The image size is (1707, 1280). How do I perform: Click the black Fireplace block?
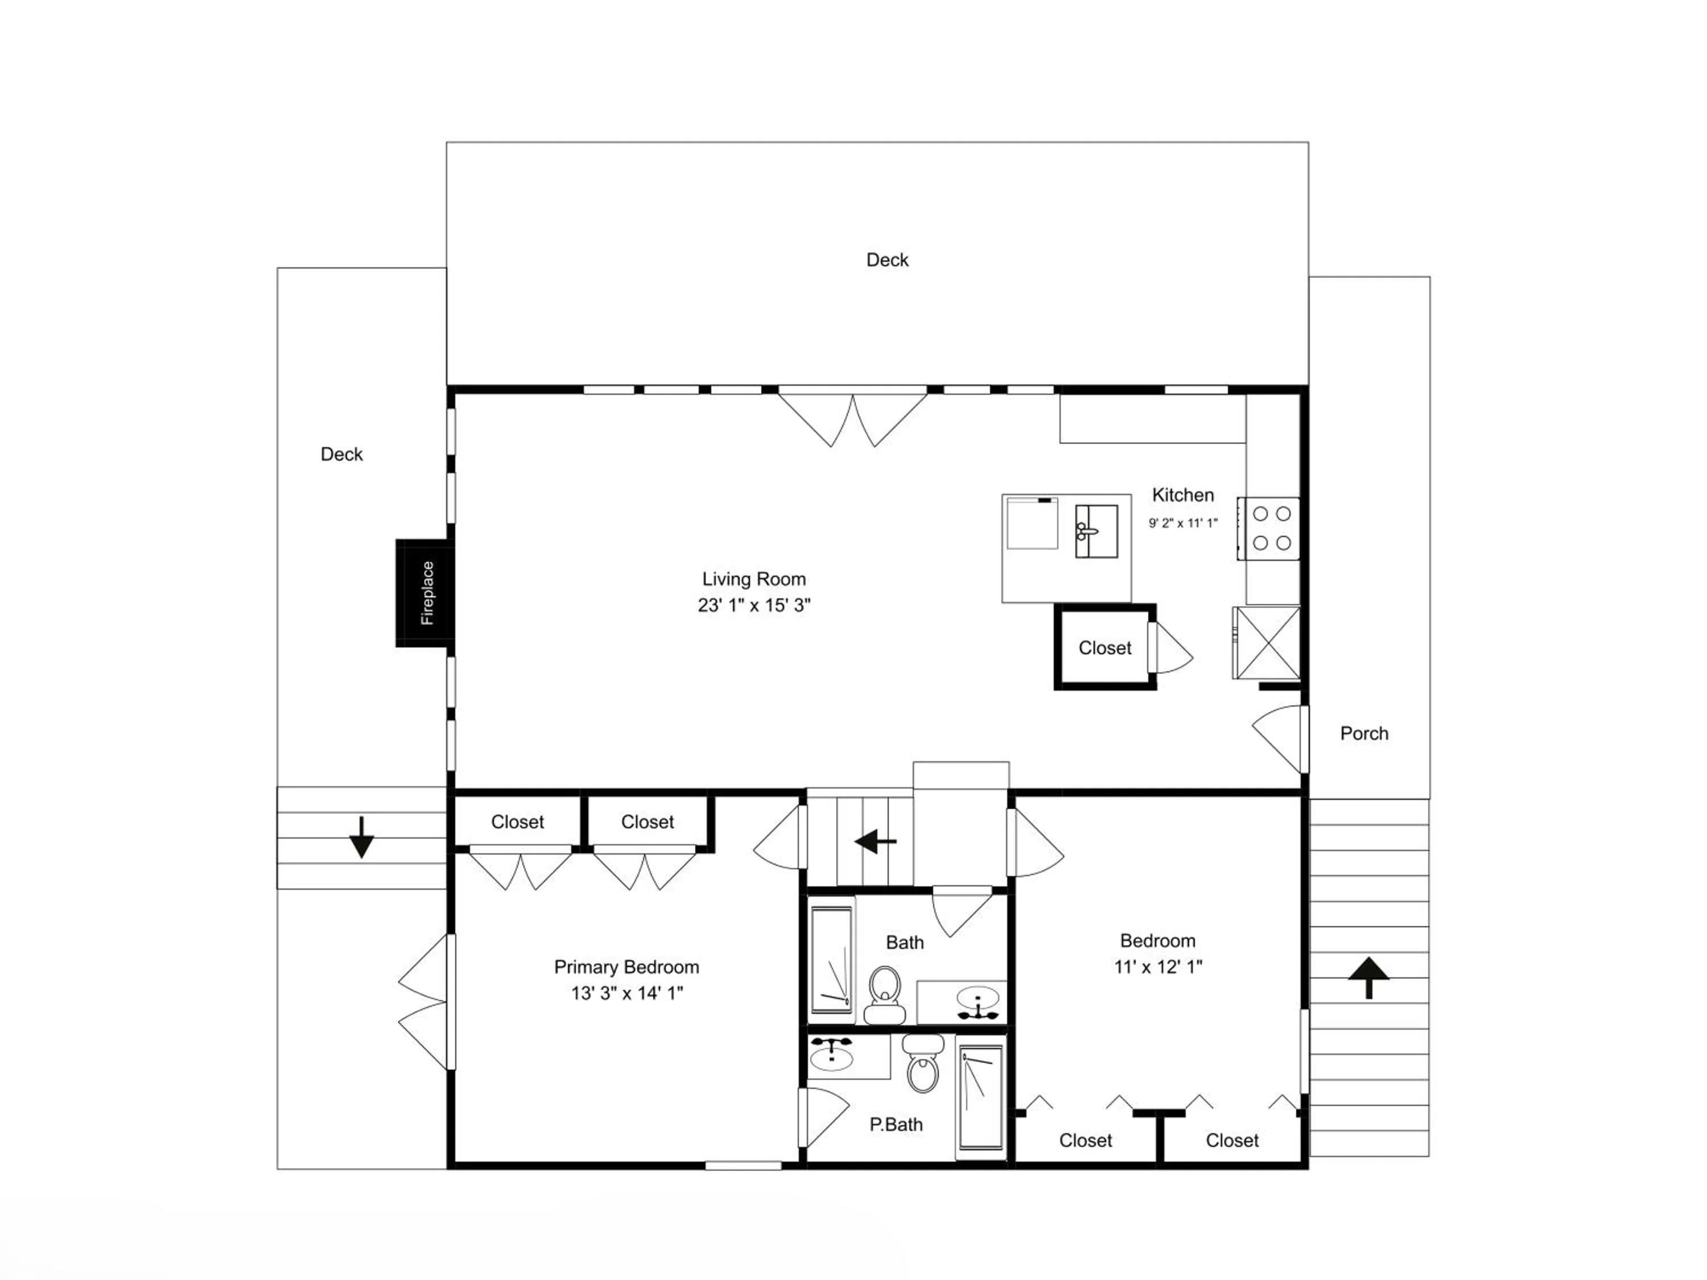424,593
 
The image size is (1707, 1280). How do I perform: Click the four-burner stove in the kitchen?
1269,528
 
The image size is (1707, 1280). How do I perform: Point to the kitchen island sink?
1096,531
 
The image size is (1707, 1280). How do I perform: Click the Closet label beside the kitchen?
1105,648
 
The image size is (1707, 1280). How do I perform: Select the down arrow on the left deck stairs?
361,837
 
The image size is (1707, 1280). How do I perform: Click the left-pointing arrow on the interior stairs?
876,842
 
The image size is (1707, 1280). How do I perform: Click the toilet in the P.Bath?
923,1063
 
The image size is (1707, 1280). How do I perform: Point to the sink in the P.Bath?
831,1055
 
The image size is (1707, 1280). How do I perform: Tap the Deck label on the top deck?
888,260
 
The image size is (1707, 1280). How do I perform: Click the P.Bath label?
896,1125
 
